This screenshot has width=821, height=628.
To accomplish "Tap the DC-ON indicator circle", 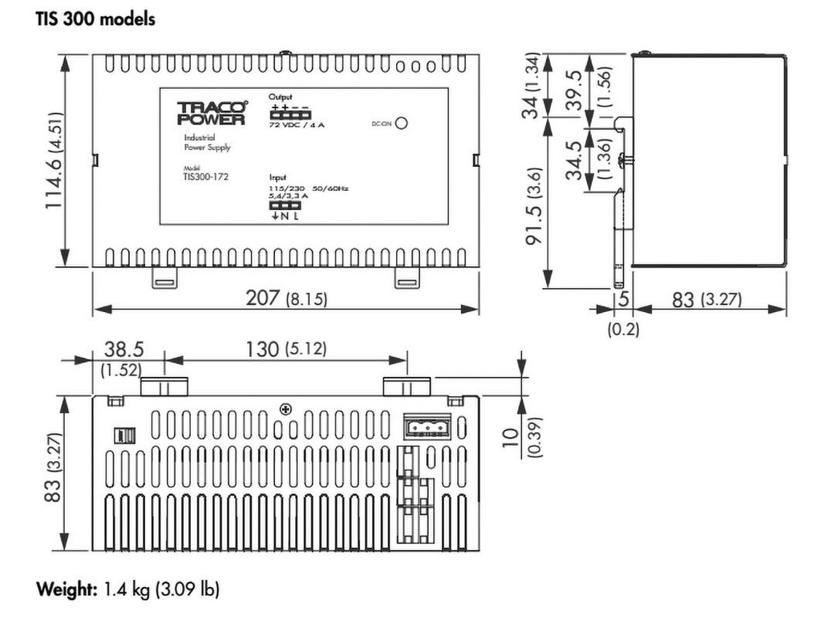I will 402,124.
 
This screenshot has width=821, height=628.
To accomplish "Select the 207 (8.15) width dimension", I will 286,298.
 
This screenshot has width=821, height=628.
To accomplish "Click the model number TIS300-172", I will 205,175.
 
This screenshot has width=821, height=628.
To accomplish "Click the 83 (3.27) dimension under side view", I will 706,300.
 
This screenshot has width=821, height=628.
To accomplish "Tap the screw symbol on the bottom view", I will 285,409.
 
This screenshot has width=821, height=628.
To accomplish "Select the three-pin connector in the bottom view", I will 426,427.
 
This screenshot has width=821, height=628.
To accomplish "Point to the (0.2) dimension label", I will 623,329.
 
